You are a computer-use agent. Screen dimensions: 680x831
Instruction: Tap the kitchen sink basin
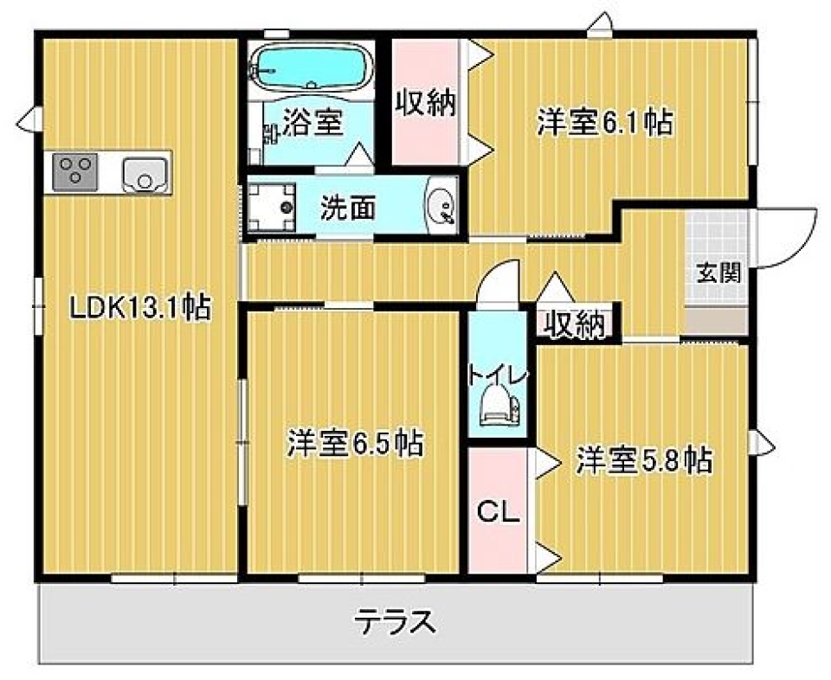tap(144, 174)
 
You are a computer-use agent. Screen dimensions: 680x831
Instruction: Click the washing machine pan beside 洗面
tap(271, 207)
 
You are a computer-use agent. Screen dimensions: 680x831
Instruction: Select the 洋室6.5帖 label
tap(356, 444)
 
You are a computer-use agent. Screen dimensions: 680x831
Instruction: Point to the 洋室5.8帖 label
tap(645, 459)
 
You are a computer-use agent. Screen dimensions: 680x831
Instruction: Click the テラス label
tap(395, 621)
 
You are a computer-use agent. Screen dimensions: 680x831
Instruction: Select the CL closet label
tap(499, 513)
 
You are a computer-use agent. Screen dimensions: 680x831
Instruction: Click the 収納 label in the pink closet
tap(426, 104)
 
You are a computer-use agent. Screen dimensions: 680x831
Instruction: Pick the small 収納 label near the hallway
tap(574, 324)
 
